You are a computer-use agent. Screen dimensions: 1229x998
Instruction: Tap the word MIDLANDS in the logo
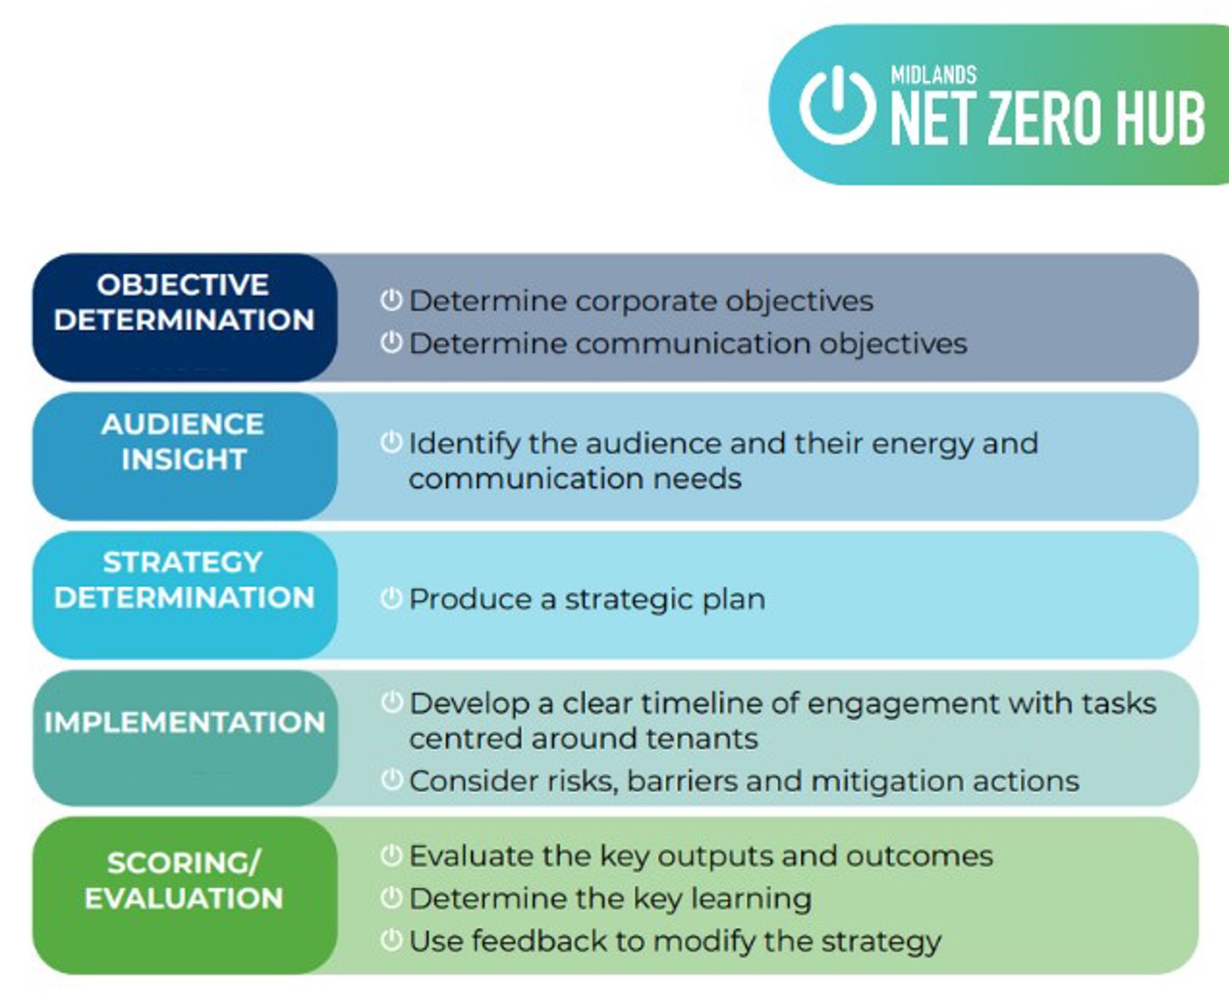(934, 75)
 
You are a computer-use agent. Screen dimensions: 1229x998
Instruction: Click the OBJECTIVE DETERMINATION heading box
(184, 317)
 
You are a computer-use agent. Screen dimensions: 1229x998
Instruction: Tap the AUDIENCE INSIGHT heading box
(184, 456)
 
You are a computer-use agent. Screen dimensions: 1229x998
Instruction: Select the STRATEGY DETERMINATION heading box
(184, 595)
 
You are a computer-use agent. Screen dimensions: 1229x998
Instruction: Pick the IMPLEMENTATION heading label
(184, 722)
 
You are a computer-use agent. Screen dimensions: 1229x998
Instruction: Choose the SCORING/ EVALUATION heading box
(184, 896)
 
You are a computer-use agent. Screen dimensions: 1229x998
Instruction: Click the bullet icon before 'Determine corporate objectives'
(391, 301)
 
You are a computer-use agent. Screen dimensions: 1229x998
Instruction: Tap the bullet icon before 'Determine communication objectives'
(391, 342)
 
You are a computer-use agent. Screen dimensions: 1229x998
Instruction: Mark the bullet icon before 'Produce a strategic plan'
(391, 598)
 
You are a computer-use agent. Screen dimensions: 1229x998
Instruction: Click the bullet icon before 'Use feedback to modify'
(391, 940)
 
